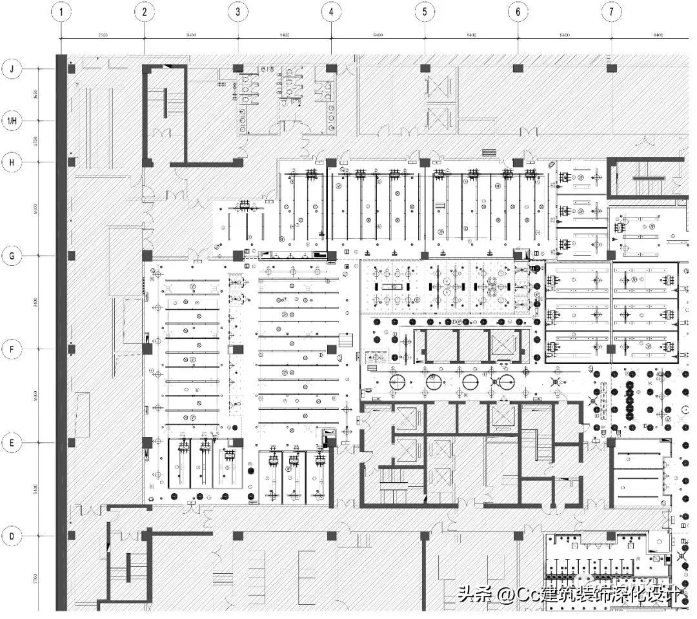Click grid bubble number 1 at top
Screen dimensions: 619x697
(x=61, y=12)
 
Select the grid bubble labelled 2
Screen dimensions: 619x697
(x=144, y=12)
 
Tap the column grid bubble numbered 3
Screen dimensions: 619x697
(x=237, y=12)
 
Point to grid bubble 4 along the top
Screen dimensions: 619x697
(x=331, y=12)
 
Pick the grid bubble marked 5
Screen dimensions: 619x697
(x=425, y=12)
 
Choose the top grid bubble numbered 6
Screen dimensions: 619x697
(x=518, y=12)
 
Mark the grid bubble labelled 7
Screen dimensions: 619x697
(x=611, y=12)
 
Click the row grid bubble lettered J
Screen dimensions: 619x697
(x=12, y=68)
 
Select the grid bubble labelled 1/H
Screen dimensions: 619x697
(x=12, y=120)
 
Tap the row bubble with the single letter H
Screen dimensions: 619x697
(x=12, y=163)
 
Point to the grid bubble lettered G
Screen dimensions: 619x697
(x=12, y=256)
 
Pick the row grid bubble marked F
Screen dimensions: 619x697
(x=12, y=349)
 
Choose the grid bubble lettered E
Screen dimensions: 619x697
(x=12, y=443)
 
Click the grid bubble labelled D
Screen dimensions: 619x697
(x=12, y=536)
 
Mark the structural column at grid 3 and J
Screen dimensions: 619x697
(x=237, y=68)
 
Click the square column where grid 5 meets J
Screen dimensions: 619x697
(x=425, y=68)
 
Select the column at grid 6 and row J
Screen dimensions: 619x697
(x=518, y=68)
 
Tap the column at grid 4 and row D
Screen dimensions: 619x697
(x=331, y=536)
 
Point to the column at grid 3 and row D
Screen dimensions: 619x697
(x=237, y=536)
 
